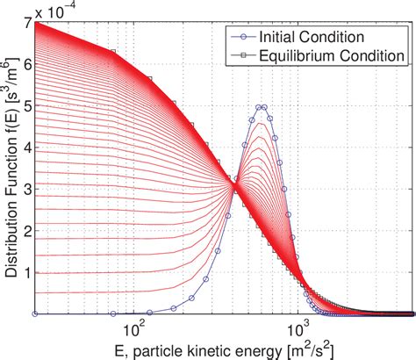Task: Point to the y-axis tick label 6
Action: [25, 64]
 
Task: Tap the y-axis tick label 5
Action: [25, 105]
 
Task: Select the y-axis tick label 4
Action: [25, 148]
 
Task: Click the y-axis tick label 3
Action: [25, 189]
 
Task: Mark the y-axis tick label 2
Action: [25, 230]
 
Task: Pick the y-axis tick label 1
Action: [25, 272]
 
